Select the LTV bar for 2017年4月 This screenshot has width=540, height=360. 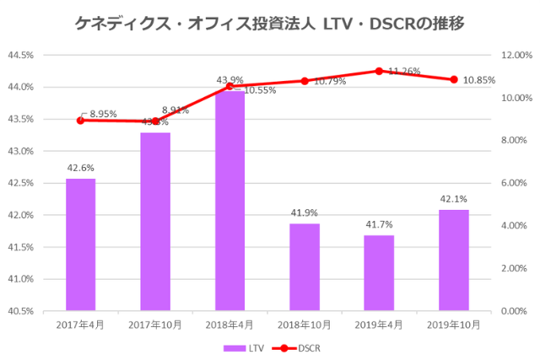[x=81, y=244]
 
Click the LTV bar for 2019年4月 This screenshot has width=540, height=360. [x=379, y=273]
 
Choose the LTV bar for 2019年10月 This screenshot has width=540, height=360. [x=454, y=261]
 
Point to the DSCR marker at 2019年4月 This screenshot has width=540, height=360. [x=379, y=71]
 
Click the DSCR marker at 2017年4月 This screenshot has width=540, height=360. [x=81, y=120]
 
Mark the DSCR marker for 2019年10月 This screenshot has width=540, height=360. [x=454, y=79]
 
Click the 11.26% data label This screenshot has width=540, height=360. [x=405, y=73]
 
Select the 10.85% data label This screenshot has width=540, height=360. [x=480, y=80]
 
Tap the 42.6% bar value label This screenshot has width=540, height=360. [x=81, y=168]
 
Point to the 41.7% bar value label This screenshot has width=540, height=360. [x=379, y=225]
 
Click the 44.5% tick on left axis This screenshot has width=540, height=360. [x=21, y=56]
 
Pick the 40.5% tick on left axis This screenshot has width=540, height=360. [x=21, y=311]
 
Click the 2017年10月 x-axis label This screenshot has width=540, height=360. [x=155, y=325]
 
